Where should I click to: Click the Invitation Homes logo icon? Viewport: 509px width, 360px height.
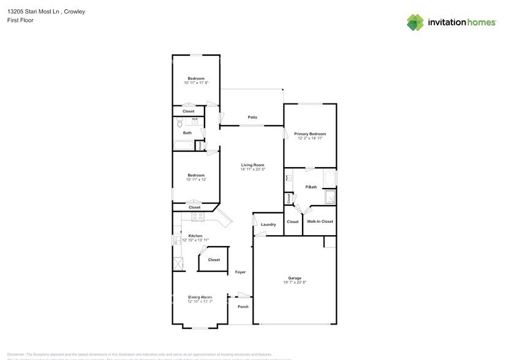point(415,22)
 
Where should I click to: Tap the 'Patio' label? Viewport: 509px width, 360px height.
point(252,117)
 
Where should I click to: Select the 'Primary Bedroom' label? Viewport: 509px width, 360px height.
point(309,133)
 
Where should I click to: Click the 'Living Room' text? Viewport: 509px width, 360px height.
point(252,164)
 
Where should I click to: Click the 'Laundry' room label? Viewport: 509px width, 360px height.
point(268,224)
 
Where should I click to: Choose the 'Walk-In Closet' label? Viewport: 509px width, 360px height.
point(320,221)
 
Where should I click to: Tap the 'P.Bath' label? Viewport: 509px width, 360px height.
point(311,187)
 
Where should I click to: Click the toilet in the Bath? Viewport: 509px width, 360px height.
point(179,124)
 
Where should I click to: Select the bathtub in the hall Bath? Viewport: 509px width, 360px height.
point(183,146)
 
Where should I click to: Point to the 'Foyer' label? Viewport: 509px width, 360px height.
point(240,271)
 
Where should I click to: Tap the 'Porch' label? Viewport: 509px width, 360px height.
point(243,306)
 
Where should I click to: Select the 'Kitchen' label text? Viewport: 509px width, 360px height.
point(195,236)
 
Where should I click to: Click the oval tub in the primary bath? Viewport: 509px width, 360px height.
point(330,179)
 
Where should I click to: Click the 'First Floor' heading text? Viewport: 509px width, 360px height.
point(20,20)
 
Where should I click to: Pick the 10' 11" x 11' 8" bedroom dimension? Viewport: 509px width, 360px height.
point(196,83)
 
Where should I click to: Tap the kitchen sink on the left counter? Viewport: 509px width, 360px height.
point(178,263)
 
